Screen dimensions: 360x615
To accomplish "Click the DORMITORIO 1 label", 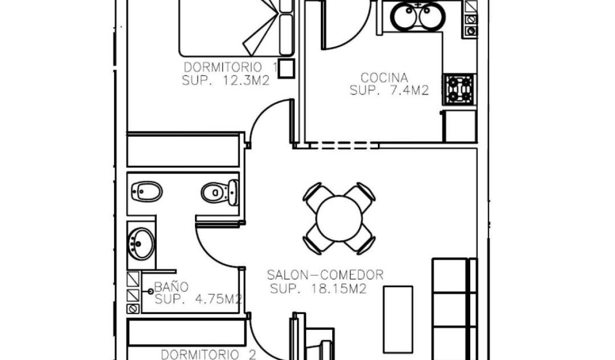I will (230, 67).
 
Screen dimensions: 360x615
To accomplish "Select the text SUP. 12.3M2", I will (226, 81).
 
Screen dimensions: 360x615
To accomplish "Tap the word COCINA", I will (384, 78).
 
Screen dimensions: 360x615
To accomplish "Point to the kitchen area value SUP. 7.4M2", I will (389, 91).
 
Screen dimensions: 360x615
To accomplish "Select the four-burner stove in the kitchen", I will (459, 89).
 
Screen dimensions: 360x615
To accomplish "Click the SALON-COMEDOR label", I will (325, 275).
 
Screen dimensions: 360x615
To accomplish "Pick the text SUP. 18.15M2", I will (318, 289).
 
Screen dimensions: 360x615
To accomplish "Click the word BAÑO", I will (171, 286).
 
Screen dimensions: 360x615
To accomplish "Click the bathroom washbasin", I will (141, 243).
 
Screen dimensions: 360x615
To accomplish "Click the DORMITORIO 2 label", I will (209, 354).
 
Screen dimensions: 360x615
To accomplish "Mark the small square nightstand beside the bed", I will (286, 69).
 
